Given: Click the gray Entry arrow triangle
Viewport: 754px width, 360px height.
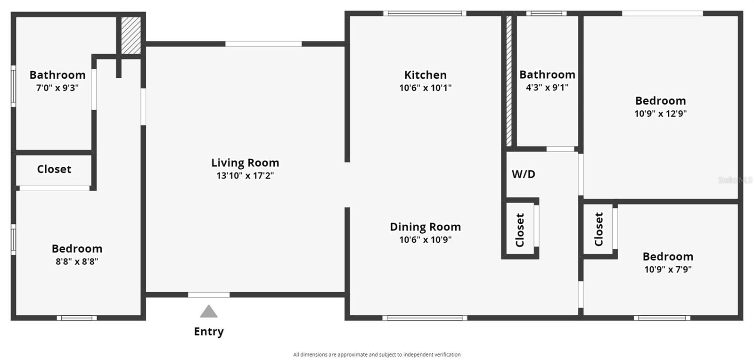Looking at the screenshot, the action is pos(209,311).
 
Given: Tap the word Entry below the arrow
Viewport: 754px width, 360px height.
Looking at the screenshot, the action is pos(209,332).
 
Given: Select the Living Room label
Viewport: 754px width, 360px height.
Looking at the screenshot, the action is pos(245,163).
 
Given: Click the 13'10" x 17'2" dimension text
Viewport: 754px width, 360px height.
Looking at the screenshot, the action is pos(245,176).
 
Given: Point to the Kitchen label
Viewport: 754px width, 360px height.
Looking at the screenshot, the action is pos(426,75).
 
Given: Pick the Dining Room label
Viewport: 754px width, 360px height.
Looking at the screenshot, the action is pos(426,227).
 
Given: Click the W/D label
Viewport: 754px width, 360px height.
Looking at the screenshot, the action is pos(524,174).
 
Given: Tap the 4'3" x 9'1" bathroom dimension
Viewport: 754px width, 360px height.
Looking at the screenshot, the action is pos(547,88).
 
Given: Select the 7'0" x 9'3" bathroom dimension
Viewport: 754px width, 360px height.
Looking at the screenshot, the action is pos(57,88).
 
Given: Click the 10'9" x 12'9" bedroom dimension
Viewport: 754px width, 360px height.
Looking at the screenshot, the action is pos(660,114).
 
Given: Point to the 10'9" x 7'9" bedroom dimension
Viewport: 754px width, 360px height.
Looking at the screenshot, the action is pos(668,270).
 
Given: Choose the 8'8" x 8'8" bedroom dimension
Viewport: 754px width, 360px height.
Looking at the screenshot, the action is pos(77,262).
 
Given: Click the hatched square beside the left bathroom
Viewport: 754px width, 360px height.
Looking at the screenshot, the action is pos(131,35).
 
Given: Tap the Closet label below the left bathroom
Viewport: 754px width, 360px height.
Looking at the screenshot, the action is pos(54,169).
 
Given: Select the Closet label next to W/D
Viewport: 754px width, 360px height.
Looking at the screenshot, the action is pos(520,230).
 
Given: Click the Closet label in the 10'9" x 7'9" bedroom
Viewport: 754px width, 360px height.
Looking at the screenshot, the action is pos(599,229).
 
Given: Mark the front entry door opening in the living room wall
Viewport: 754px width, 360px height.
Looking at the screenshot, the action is pos(209,295).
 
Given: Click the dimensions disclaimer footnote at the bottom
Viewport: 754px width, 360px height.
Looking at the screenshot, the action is pos(377,355).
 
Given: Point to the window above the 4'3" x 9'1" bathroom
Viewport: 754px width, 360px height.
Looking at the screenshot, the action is pos(546,14).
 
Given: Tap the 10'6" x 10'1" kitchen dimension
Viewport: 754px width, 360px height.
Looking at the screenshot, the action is pos(426,88).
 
